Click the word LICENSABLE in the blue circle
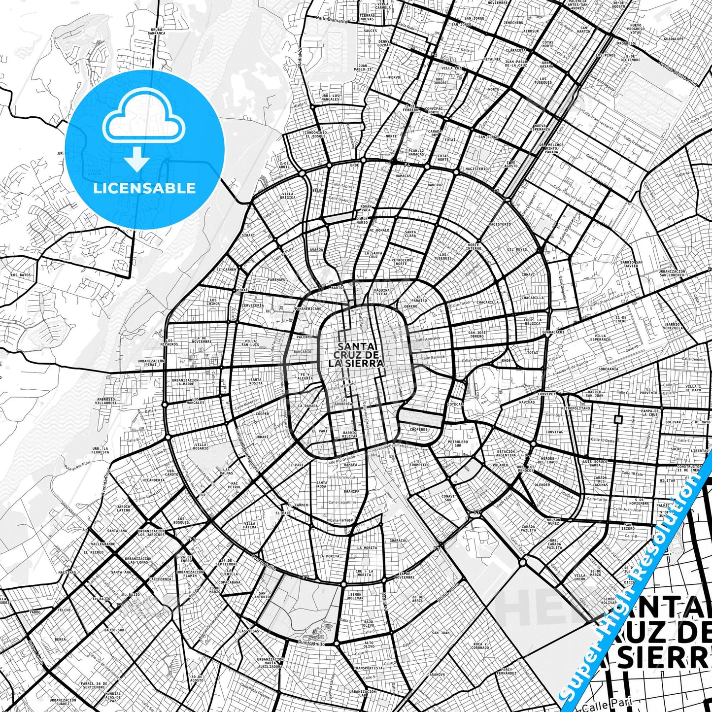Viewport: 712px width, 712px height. click(x=144, y=188)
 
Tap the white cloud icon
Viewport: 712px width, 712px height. click(x=144, y=121)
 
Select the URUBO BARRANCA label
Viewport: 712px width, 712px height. click(x=157, y=32)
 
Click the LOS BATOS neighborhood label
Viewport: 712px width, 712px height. click(x=21, y=274)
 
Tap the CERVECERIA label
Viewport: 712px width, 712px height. click(x=253, y=305)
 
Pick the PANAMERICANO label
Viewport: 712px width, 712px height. click(x=308, y=308)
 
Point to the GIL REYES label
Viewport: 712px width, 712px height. click(x=517, y=249)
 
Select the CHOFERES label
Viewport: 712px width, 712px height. click(x=419, y=429)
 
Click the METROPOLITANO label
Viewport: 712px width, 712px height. click(x=576, y=408)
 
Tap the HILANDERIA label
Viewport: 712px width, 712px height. click(x=153, y=480)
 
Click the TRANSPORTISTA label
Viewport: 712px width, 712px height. click(x=368, y=668)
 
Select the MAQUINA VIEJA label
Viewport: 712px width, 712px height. click(x=382, y=292)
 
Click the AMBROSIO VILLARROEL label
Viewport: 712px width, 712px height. click(x=106, y=401)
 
